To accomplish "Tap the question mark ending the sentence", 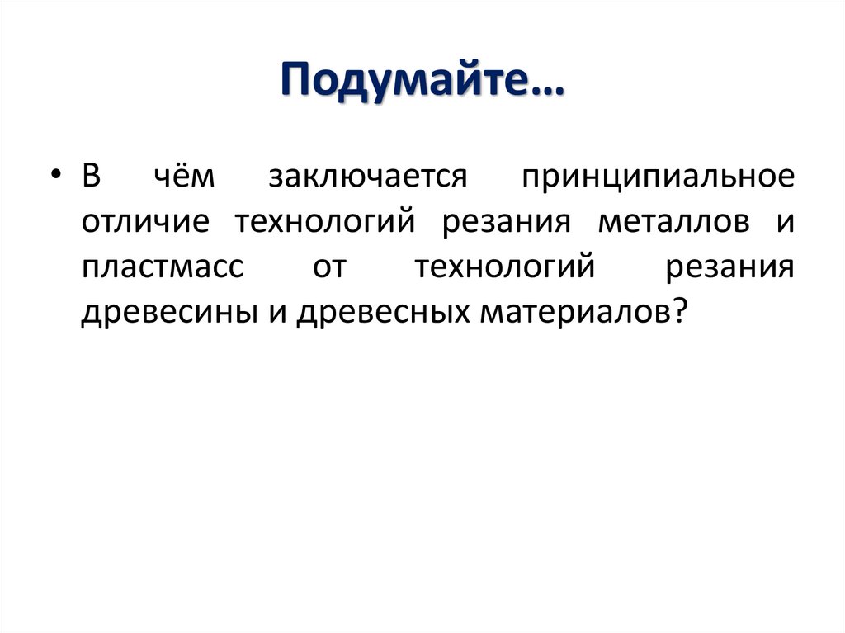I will pos(680,313).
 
